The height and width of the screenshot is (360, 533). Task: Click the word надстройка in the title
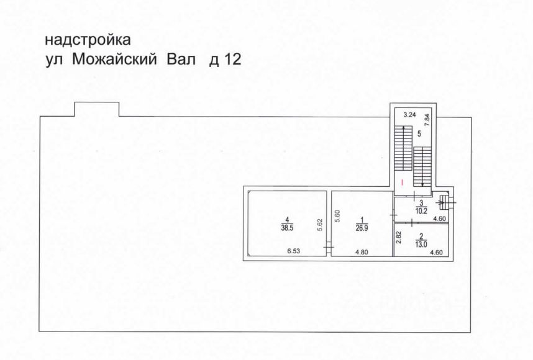click(88, 41)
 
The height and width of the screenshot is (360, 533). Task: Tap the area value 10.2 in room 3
click(421, 210)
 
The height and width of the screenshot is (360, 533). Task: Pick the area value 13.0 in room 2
click(421, 244)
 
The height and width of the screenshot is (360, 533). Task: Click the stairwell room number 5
click(419, 133)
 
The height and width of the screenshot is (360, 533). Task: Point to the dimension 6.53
click(294, 252)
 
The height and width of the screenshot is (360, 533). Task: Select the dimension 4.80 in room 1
click(362, 252)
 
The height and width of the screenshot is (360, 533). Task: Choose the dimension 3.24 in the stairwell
click(408, 115)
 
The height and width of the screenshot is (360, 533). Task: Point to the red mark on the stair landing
click(402, 182)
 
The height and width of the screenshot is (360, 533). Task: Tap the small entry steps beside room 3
click(444, 202)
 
